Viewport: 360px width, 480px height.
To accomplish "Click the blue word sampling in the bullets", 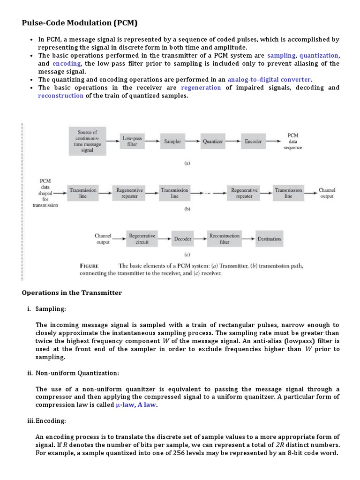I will coord(281,55).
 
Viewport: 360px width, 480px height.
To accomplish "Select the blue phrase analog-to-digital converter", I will coord(270,79).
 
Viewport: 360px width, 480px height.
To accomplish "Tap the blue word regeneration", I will coord(201,88).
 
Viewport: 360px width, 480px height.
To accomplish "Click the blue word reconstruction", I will coord(61,96).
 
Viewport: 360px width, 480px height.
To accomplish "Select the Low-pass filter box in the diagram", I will coord(132,141).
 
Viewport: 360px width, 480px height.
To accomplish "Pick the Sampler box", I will coord(172,141).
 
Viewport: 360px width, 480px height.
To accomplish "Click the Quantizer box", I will coord(213,141).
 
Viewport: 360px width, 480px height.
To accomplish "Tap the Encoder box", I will coord(253,141).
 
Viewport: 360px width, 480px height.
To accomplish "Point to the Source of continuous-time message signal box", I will coord(87,141).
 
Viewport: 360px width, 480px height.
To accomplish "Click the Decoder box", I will coord(183,239).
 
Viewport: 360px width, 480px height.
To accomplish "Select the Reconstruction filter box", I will coord(225,239).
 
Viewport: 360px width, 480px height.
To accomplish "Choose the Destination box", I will coord(269,239).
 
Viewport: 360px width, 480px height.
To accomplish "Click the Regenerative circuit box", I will coord(142,239).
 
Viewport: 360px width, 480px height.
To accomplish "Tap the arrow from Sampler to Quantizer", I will coord(193,141).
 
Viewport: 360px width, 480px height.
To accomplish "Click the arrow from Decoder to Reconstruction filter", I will coord(201,239).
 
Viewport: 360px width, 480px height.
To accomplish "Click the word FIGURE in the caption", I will coord(89,266).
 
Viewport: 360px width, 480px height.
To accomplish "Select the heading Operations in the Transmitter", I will coord(72,292).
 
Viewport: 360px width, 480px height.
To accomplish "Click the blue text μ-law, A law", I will coord(136,405).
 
